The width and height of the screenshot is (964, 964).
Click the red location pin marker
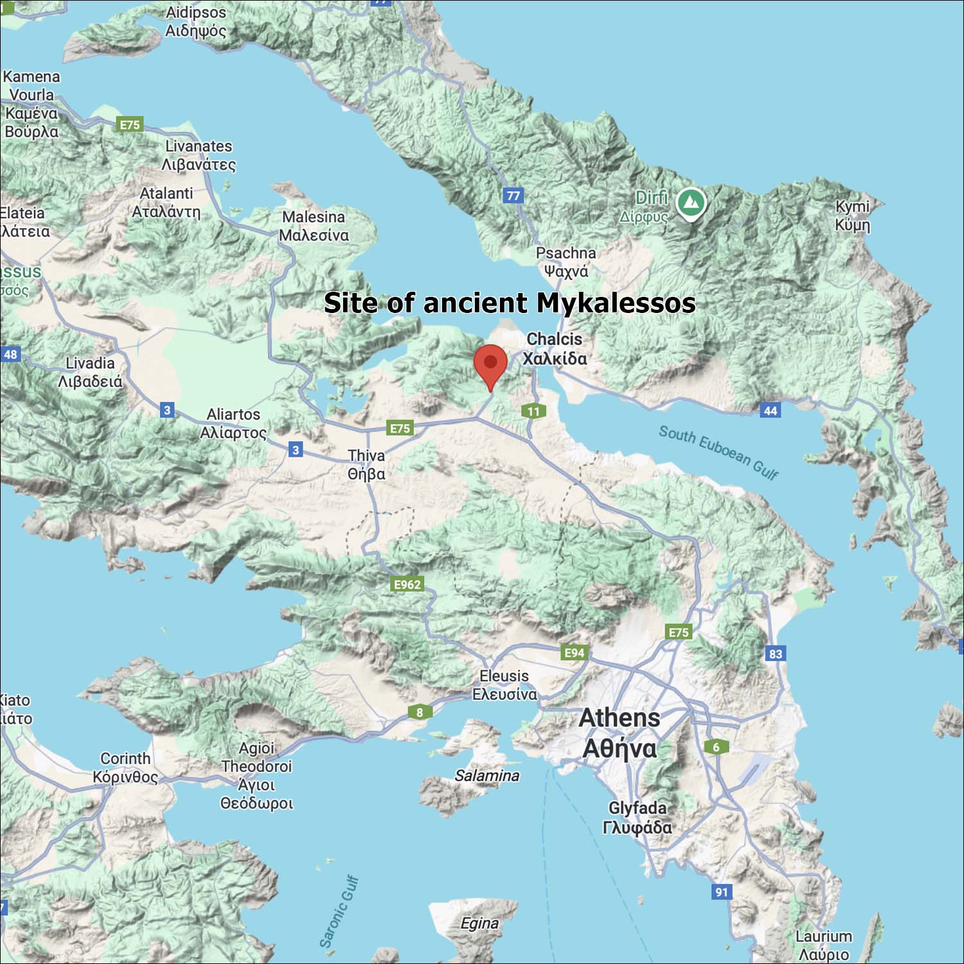490,364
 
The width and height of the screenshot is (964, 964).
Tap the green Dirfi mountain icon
691,202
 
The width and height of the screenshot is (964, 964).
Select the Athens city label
620,733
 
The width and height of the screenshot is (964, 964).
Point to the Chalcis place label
555,348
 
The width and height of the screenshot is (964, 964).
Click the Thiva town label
366,465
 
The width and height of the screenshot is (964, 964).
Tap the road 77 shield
513,195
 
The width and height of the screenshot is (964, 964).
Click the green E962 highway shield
407,584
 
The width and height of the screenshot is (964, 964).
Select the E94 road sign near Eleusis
574,653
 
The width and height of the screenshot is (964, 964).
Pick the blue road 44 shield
770,410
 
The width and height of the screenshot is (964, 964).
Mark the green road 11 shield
533,411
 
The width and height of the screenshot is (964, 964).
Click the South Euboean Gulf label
719,452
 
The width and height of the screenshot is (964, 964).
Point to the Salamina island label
486,776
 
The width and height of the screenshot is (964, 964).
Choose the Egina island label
479,924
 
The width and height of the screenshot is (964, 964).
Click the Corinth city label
125,767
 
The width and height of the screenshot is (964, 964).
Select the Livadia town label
90,372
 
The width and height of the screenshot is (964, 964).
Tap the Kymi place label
852,215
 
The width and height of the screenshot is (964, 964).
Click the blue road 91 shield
722,891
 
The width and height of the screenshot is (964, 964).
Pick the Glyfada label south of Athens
638,817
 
